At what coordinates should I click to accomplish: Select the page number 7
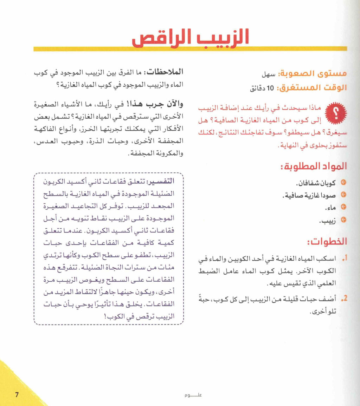click(16, 394)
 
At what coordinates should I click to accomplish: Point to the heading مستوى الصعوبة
click(312, 74)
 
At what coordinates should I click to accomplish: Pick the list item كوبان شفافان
click(316, 183)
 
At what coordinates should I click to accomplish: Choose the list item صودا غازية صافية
click(309, 195)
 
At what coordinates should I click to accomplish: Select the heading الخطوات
click(327, 242)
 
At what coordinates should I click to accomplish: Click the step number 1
click(344, 259)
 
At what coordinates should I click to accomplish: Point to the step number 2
click(344, 299)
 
